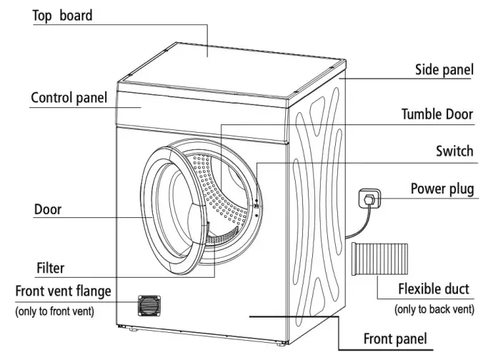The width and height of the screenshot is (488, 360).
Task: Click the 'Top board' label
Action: coord(62,16)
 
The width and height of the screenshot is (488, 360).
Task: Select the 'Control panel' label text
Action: coord(69,98)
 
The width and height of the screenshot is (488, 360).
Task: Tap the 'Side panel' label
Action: coord(444,70)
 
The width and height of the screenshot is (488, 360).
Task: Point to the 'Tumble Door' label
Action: coord(437,114)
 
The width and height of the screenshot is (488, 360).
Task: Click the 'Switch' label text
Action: coord(454,151)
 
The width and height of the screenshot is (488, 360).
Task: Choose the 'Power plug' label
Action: coord(442,189)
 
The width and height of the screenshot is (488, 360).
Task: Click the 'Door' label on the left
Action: coord(48,210)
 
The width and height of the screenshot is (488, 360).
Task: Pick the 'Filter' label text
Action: coord(50,269)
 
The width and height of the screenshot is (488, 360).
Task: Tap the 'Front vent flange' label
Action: coord(64,291)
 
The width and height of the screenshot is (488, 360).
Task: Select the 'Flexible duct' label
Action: coord(434,289)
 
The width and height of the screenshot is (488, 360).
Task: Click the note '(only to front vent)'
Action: coord(56,311)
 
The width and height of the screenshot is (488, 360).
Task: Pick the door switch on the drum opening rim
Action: coord(255,206)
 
